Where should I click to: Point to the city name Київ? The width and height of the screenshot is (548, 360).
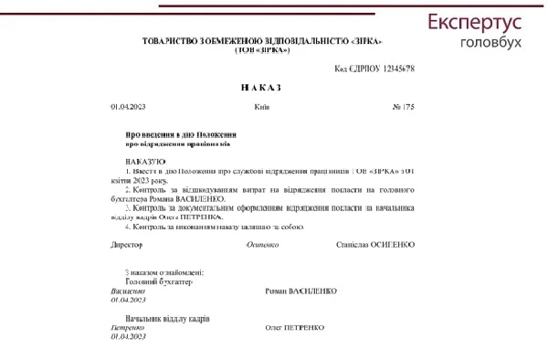tap(262, 108)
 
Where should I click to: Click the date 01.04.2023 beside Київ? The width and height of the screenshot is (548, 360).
tap(128, 108)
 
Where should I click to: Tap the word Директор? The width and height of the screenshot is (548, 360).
tap(127, 245)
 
